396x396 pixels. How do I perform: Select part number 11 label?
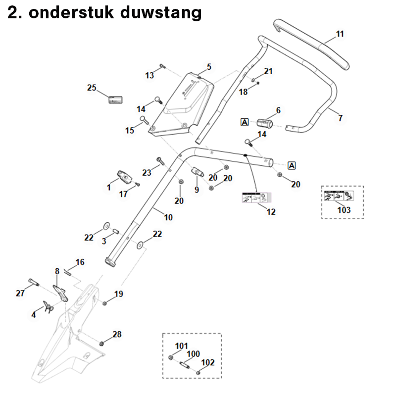click(340, 34)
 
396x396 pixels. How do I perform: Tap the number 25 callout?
click(92, 88)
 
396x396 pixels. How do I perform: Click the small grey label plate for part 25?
click(115, 99)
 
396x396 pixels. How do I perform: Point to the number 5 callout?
click(209, 67)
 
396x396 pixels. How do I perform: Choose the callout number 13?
click(149, 75)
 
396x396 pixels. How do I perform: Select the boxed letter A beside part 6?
click(245, 122)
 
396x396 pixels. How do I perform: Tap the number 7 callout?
click(340, 118)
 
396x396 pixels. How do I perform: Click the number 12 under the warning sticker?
click(271, 212)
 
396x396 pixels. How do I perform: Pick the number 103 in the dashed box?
click(344, 210)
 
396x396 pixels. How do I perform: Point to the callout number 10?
click(168, 217)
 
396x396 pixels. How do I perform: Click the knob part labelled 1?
click(123, 176)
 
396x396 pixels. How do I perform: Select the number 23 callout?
click(147, 173)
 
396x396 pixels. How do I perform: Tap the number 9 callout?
click(197, 190)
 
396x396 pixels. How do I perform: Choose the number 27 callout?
click(20, 293)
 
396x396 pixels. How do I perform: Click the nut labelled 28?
click(102, 343)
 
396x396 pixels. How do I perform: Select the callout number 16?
click(80, 262)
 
